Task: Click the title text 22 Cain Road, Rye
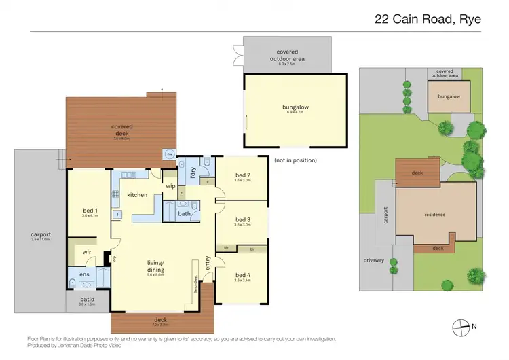(428, 19)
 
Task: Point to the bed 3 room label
(243, 219)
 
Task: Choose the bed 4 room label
(243, 274)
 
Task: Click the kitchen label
(137, 195)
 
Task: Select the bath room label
(184, 214)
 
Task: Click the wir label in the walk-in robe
(87, 252)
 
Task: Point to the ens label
(84, 274)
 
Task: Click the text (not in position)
(296, 160)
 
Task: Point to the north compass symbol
(461, 327)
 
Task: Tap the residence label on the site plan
(434, 215)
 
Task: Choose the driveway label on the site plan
(373, 260)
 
